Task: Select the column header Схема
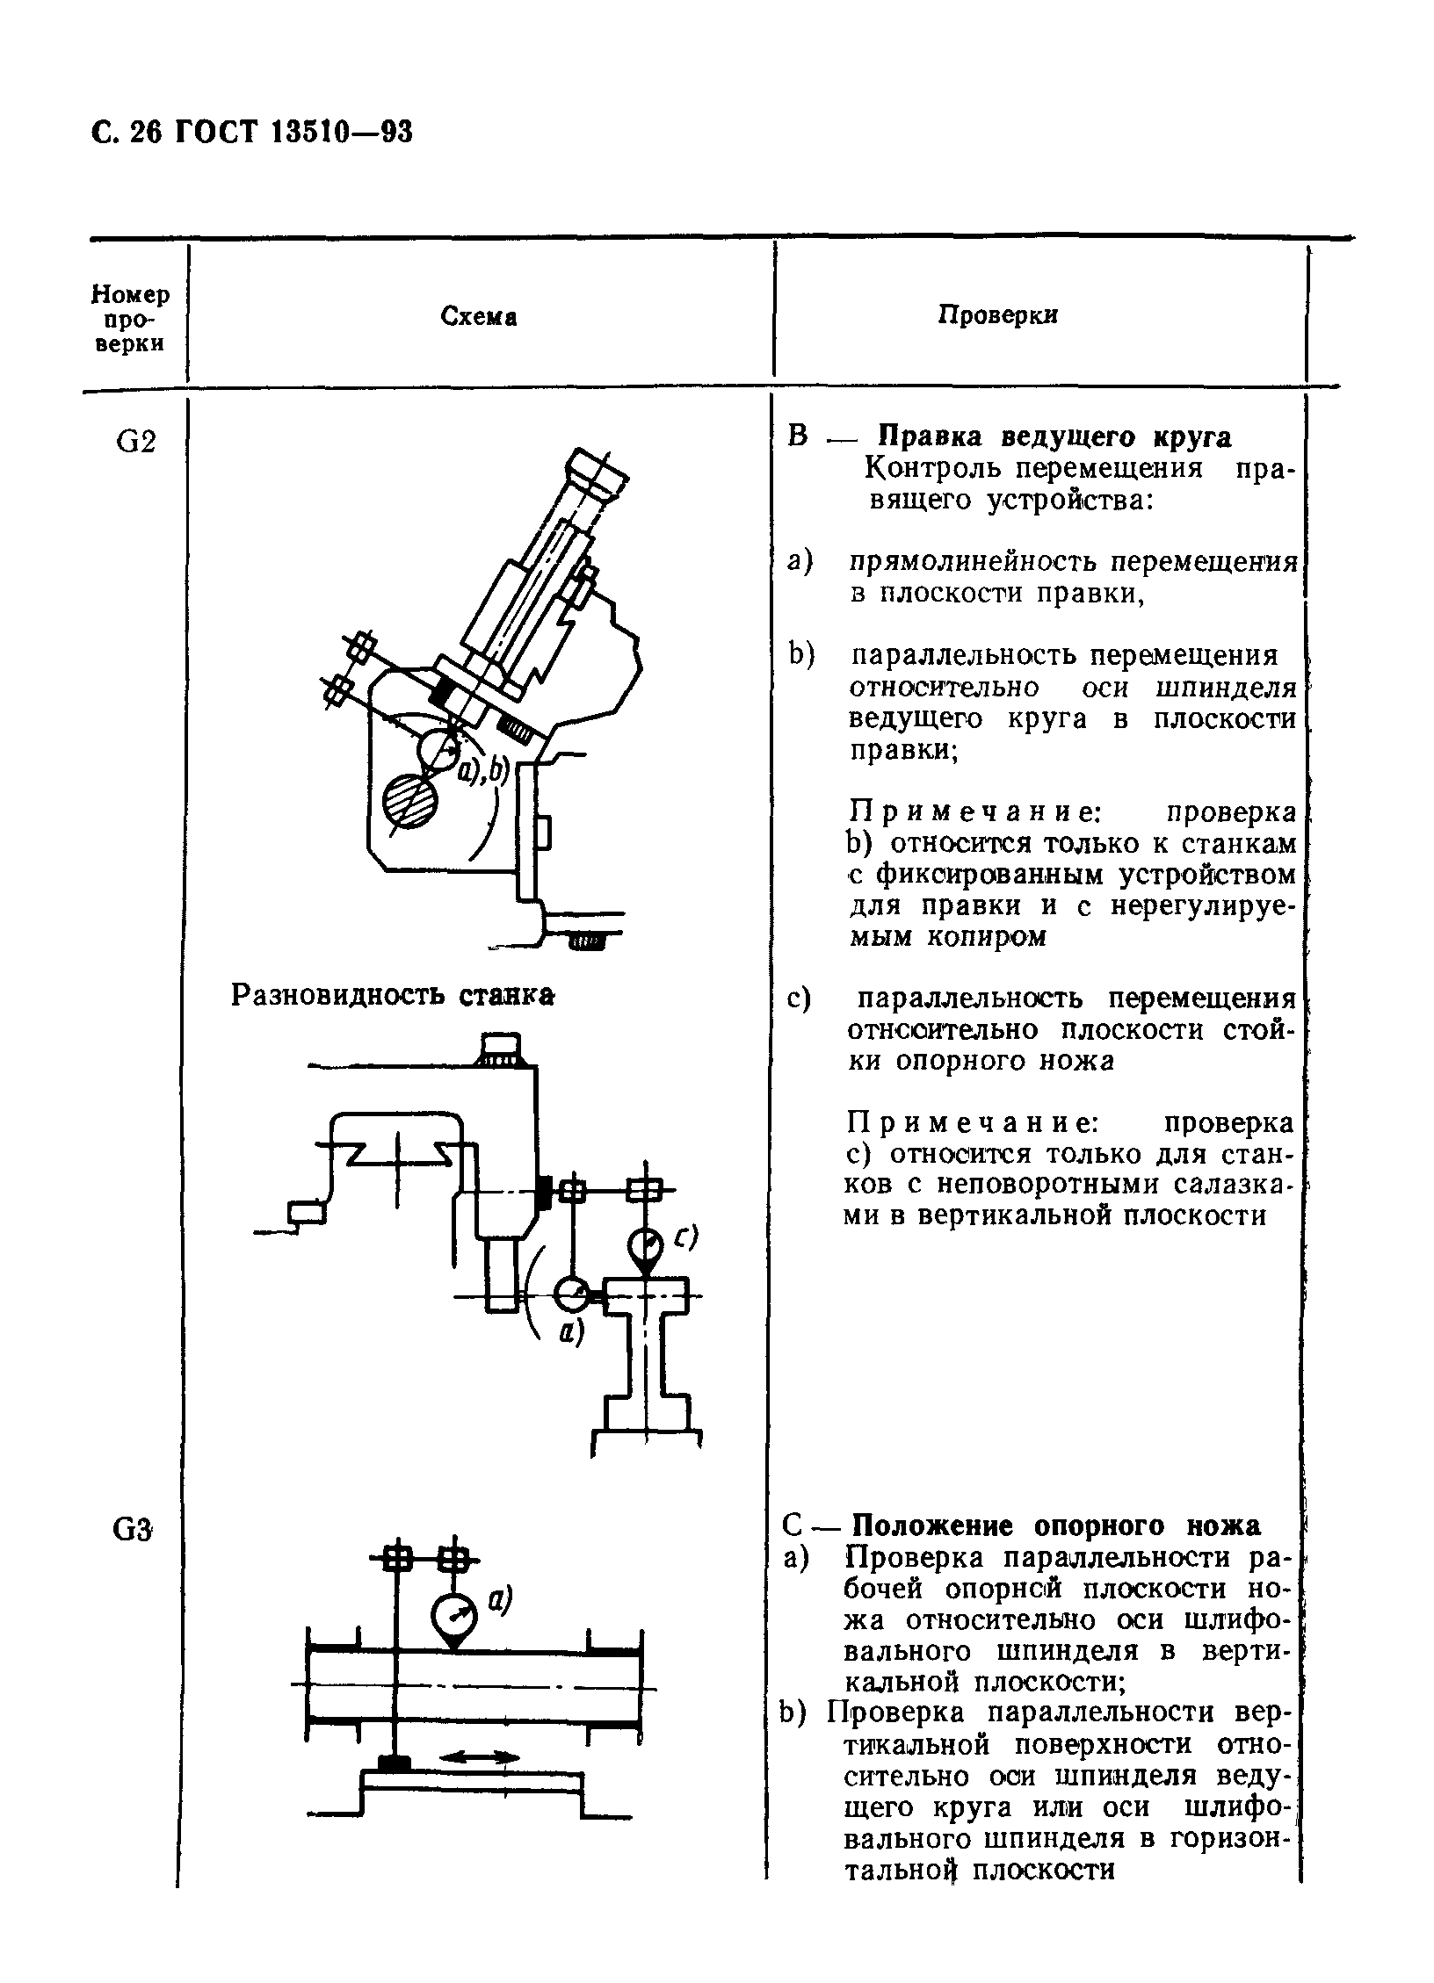478,317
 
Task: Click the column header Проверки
998,315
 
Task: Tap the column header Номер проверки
132,317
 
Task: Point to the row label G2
136,443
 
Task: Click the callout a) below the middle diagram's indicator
572,1332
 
